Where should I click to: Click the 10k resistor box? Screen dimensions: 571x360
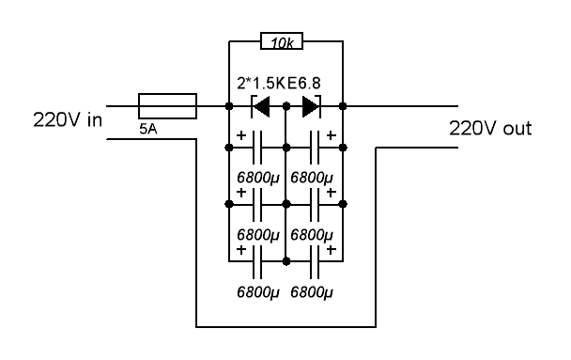point(282,40)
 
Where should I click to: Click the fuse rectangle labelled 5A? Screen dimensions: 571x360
point(167,106)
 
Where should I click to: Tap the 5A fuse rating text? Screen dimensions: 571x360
point(148,129)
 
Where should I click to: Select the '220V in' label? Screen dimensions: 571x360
point(68,120)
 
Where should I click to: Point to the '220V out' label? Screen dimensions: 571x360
point(490,128)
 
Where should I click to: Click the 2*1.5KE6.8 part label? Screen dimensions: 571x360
point(279,83)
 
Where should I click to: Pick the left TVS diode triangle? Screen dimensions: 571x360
point(261,106)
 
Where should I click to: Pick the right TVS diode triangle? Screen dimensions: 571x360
point(312,106)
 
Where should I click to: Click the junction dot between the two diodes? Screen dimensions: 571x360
point(286,106)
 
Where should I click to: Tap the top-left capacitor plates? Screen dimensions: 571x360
point(257,148)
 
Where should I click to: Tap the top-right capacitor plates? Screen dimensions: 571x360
point(315,148)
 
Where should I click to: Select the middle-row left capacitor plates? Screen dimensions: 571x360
point(257,204)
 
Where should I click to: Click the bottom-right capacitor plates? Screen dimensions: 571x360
point(315,261)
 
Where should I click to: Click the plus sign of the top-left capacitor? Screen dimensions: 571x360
point(241,135)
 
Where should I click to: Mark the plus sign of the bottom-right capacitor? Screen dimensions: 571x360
point(331,250)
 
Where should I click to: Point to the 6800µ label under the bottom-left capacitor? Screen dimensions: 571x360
point(258,292)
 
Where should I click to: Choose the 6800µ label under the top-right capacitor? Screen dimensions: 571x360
point(312,178)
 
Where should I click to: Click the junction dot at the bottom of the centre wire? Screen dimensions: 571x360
point(286,261)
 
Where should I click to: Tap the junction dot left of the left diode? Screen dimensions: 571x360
point(229,106)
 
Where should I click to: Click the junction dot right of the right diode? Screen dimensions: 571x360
point(343,106)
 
